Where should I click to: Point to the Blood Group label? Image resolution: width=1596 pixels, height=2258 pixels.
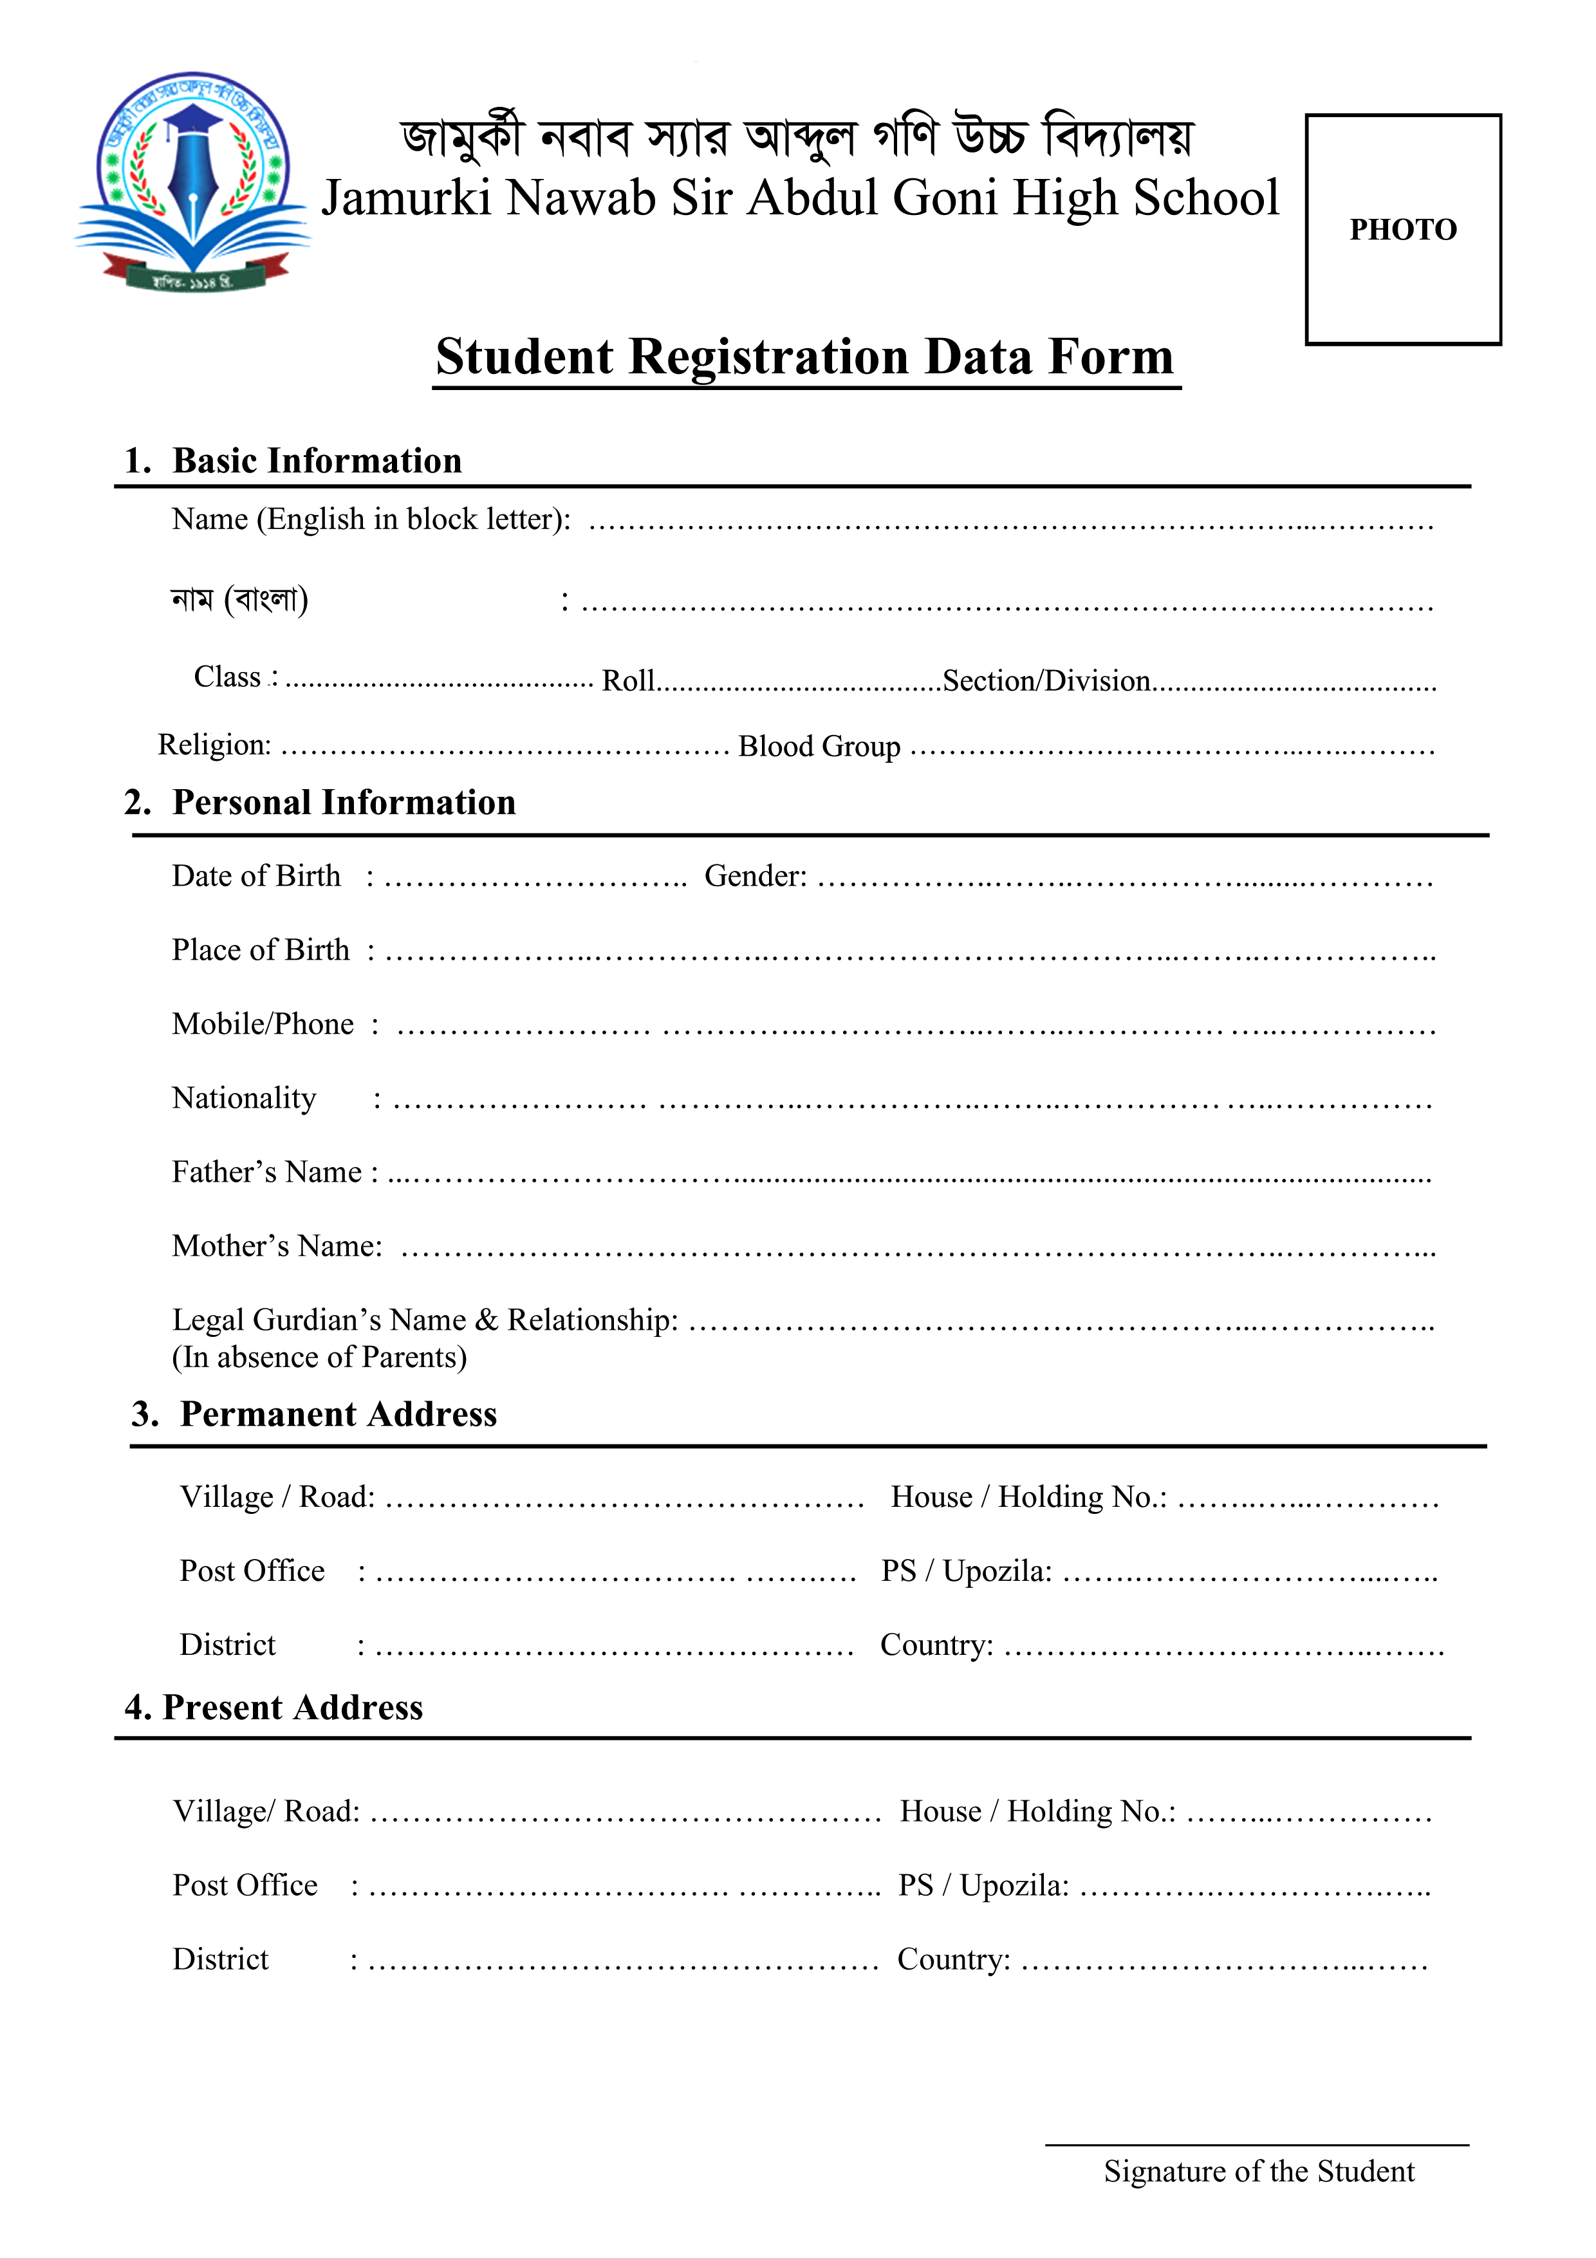819,747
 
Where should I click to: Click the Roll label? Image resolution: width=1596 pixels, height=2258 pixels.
627,680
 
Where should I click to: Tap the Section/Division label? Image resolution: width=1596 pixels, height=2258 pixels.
1046,680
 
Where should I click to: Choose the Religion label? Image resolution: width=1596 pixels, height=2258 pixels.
214,745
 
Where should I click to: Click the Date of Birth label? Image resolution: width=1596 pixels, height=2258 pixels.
255,876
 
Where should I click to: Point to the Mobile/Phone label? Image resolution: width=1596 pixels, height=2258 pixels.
263,1025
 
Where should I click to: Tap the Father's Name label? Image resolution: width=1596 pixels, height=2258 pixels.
266,1172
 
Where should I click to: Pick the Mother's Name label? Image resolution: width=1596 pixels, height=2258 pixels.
276,1246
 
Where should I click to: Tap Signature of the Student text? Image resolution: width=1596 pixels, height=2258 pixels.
1257,2172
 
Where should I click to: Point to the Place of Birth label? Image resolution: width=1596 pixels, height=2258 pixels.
261,950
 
